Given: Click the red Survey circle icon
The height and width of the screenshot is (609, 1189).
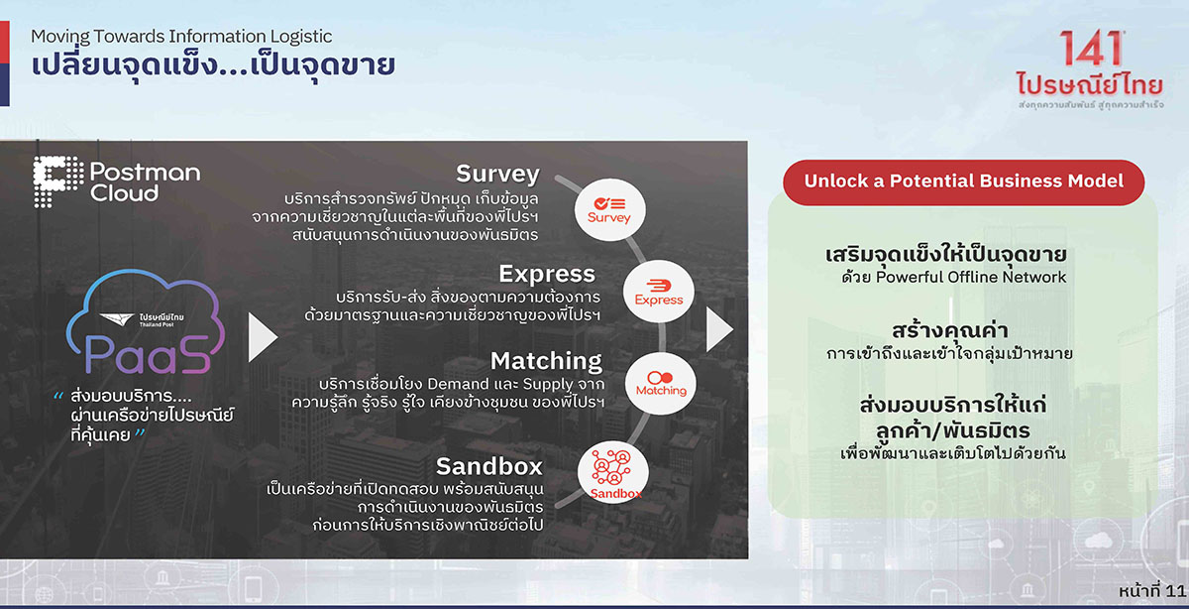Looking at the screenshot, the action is tap(610, 210).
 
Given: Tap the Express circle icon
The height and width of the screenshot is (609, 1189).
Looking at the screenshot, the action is tap(659, 292).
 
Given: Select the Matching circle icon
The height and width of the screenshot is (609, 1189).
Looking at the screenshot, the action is tap(661, 384).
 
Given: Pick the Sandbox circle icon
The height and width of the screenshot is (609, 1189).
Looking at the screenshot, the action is tap(613, 472).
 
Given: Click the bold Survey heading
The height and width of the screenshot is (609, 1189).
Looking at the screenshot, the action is tap(497, 174).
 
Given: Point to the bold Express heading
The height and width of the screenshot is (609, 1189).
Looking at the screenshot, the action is tap(547, 274).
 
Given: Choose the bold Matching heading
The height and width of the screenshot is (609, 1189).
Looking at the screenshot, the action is tap(546, 361).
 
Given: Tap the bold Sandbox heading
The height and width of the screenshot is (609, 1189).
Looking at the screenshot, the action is tap(489, 466).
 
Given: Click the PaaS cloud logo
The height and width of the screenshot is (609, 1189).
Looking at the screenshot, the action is tap(146, 322).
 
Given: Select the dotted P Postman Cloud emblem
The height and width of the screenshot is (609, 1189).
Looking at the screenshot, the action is tap(57, 182).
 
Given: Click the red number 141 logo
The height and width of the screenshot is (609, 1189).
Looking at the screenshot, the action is tap(1091, 49).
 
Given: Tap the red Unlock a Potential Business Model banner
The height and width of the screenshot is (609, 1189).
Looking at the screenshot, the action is tap(963, 183).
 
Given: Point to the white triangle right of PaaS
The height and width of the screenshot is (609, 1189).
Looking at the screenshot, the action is tap(263, 337).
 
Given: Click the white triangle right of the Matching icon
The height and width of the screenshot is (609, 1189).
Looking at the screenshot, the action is tap(719, 330).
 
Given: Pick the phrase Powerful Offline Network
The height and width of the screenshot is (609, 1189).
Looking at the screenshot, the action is tap(971, 277).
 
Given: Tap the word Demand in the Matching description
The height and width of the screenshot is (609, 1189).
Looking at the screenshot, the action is tap(458, 384).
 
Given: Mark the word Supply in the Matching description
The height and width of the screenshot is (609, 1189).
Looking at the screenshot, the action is tap(548, 385).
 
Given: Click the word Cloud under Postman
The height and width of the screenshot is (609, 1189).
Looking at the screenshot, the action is tap(124, 192).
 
